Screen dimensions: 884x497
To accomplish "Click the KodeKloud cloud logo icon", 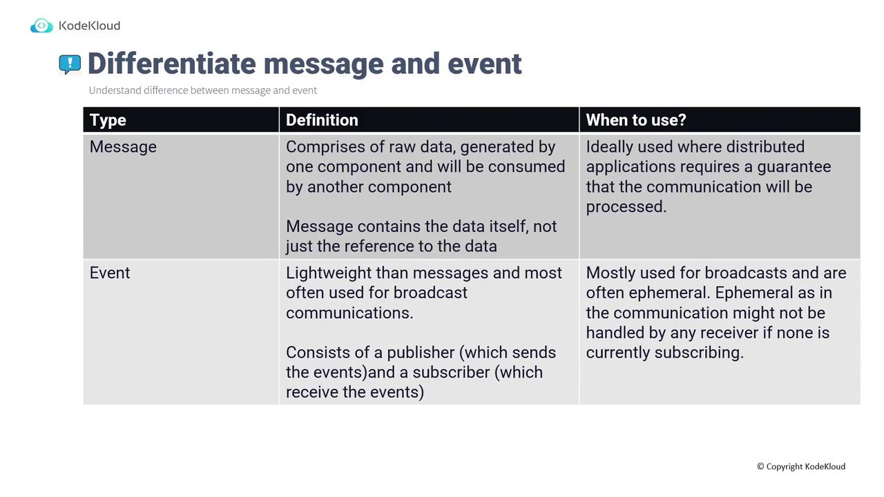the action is (41, 26).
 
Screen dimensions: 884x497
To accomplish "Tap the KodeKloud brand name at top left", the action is (89, 26).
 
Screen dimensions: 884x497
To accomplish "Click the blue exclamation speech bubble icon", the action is (70, 64).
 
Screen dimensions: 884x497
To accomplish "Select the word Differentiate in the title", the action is (172, 64).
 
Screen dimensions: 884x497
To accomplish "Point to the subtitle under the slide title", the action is (203, 90).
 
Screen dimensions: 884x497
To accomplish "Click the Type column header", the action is (108, 120).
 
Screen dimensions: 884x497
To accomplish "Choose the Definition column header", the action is (322, 120).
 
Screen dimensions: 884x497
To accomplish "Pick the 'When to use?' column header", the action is (636, 120).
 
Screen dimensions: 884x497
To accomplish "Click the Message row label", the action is (123, 147).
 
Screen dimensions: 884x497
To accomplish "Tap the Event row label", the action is (110, 273).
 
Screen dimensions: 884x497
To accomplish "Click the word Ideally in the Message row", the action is (609, 147).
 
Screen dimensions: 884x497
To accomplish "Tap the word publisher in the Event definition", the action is (421, 353).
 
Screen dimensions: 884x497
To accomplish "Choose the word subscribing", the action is (699, 353).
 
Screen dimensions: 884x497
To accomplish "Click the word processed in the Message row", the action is (626, 207).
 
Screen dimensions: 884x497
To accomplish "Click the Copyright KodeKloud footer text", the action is (801, 466).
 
